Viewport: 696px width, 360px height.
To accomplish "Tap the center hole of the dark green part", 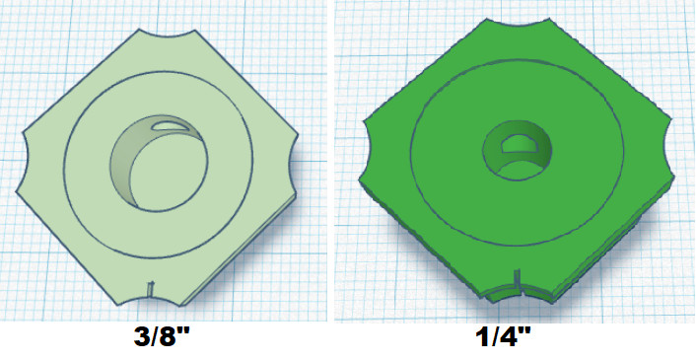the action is click(518, 150).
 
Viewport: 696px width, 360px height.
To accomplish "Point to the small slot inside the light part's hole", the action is click(170, 124).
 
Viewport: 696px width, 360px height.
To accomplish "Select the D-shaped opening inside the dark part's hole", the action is click(519, 143).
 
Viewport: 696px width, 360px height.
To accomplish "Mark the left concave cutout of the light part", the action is click(26, 163).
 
